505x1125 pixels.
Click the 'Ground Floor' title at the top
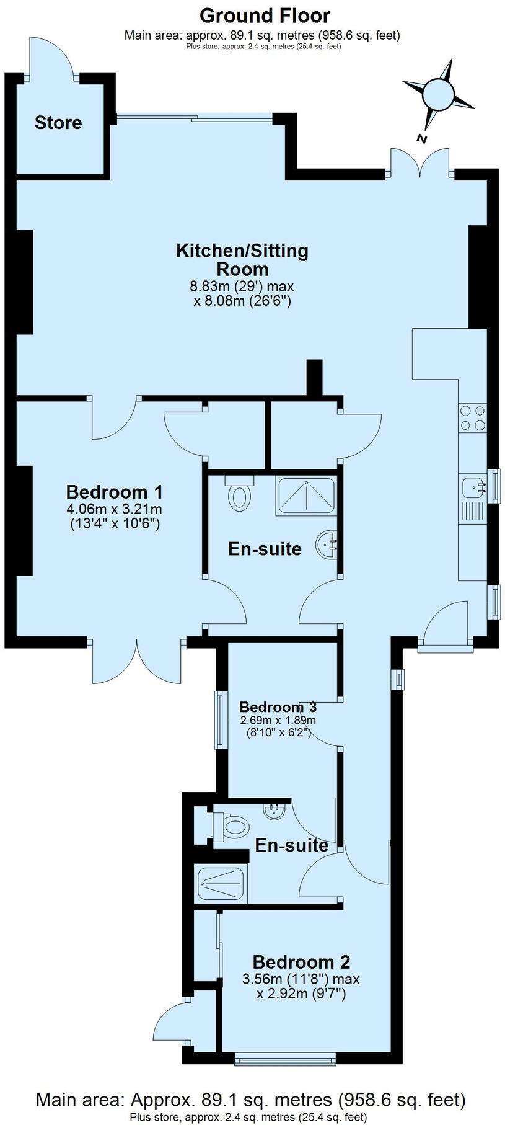point(265,15)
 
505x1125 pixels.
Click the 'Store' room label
point(58,123)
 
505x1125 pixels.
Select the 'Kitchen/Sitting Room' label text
point(242,260)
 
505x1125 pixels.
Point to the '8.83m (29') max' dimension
point(242,287)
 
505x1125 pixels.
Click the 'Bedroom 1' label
point(114,492)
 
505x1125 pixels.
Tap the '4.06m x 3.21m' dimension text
point(114,509)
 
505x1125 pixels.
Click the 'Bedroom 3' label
point(278,707)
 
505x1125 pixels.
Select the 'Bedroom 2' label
point(301,963)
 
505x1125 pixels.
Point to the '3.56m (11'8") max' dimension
point(302,979)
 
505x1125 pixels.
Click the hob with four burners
point(472,417)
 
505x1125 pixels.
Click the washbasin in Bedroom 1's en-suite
point(327,545)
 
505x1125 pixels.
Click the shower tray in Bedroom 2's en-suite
point(221,883)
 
